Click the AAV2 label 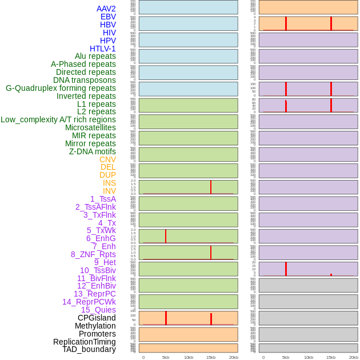coord(106,9)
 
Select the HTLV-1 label coord(102,49)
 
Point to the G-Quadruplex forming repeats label coord(61,88)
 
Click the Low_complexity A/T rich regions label coord(58,119)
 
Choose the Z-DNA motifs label coord(92,151)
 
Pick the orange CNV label coord(107,159)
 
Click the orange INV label coord(109,191)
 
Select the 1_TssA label coord(103,199)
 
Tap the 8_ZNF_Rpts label coord(93,254)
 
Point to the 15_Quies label coord(98,310)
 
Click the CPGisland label coord(97,318)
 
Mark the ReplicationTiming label coord(84,342)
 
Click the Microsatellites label coord(90,127)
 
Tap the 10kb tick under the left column coord(189,357)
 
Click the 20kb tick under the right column coord(354,357)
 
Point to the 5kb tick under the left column coord(166,357)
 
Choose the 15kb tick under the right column coord(331,357)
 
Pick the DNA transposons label coord(85,80)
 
